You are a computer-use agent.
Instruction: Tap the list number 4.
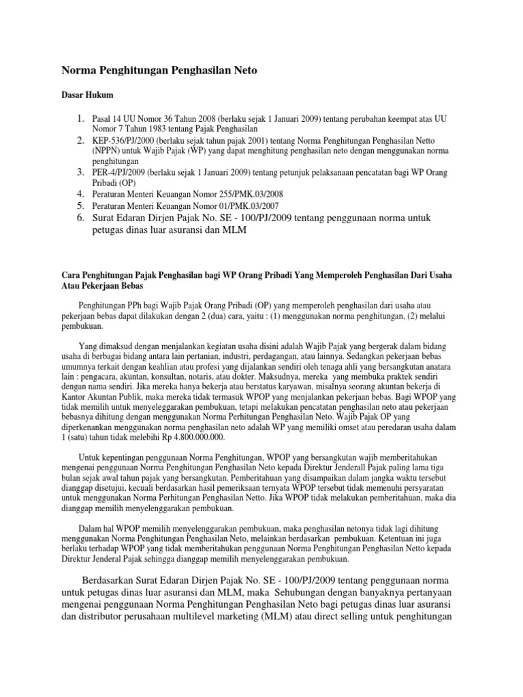pos(80,193)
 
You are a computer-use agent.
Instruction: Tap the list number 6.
pos(80,216)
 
